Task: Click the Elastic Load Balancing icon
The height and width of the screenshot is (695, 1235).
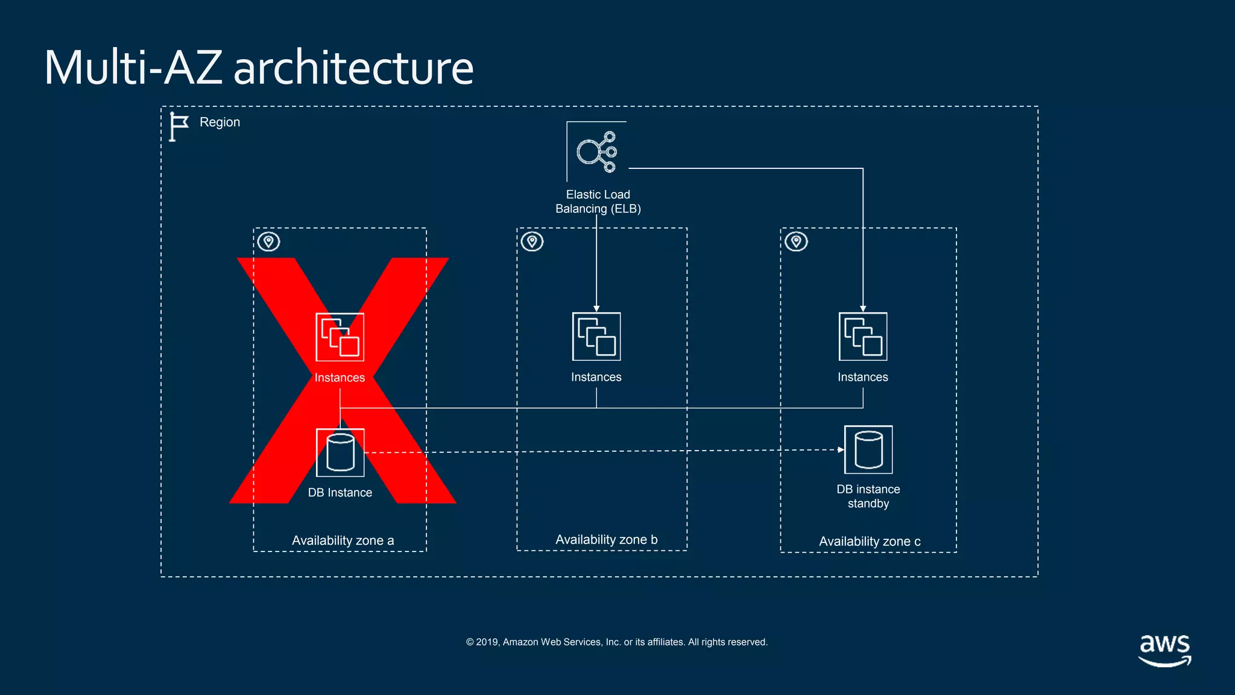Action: (x=596, y=151)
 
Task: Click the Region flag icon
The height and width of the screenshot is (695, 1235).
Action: (x=178, y=126)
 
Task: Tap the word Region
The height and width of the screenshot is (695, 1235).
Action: (x=220, y=122)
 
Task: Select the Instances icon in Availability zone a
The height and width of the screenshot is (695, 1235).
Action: (x=340, y=337)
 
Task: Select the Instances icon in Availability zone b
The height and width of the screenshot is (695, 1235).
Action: (x=596, y=336)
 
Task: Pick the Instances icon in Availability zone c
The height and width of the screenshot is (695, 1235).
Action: (x=863, y=336)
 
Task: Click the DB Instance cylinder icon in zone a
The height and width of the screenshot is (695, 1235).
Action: (x=340, y=452)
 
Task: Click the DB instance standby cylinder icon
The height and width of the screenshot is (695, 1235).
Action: (x=868, y=449)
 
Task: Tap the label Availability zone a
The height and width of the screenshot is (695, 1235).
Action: (x=343, y=541)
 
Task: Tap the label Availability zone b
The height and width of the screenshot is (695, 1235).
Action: (x=606, y=540)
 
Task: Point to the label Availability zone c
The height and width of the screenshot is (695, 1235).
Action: (x=870, y=542)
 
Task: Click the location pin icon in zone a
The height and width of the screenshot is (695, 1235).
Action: (x=269, y=242)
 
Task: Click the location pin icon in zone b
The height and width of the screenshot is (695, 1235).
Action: (x=532, y=241)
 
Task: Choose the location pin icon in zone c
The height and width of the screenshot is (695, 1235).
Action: (x=796, y=241)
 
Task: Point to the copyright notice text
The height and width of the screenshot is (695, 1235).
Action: (x=616, y=642)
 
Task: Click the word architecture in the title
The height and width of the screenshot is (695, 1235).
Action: (x=353, y=68)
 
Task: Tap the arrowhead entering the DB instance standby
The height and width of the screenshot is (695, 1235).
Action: (x=841, y=449)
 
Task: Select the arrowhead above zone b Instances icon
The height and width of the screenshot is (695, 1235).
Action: (x=596, y=308)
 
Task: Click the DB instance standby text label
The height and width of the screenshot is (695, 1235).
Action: (x=868, y=496)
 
